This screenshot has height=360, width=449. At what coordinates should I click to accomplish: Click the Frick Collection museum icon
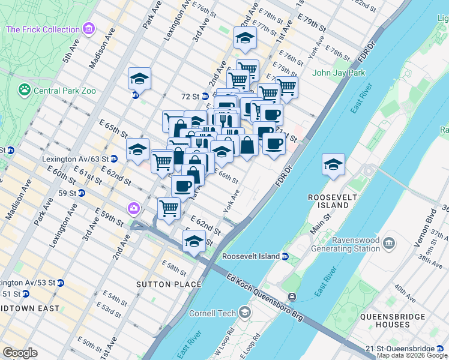(89, 29)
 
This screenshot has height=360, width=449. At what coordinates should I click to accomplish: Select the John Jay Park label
(339, 73)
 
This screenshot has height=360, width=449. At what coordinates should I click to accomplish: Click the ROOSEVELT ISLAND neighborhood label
(328, 201)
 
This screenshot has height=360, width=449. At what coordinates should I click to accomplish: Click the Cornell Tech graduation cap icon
(245, 312)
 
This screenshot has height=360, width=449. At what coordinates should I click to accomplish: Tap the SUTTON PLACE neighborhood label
(164, 284)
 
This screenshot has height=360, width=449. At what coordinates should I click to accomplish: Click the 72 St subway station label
(190, 96)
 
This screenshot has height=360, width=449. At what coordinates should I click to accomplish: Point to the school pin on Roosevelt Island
(333, 164)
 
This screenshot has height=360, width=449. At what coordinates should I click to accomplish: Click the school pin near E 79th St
(244, 39)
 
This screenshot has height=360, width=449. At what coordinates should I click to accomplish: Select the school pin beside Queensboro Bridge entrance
(193, 243)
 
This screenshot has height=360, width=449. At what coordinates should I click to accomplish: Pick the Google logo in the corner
(20, 352)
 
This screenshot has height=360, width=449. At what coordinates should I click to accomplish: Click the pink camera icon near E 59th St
(133, 208)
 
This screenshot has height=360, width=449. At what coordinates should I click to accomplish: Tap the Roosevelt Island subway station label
(251, 256)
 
